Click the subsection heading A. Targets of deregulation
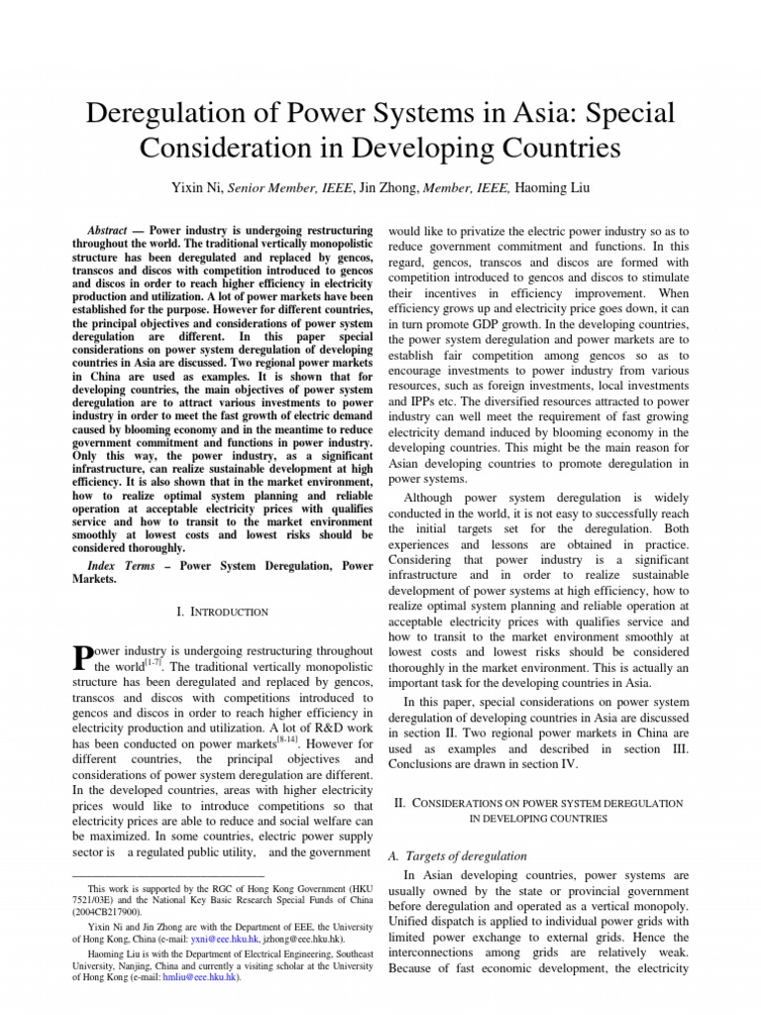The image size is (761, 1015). [457, 855]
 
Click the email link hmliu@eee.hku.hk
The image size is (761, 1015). [204, 976]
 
